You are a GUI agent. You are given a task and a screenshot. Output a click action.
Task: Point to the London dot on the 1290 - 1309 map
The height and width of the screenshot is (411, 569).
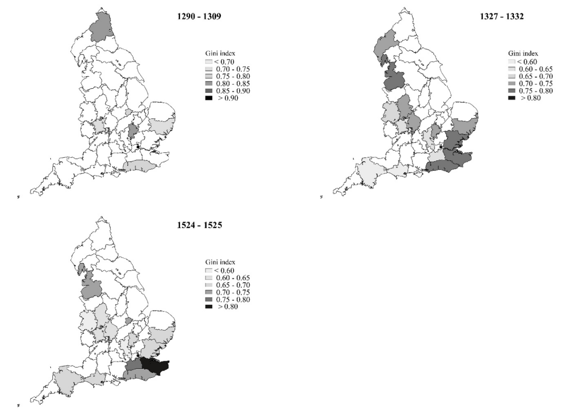pos(138,147)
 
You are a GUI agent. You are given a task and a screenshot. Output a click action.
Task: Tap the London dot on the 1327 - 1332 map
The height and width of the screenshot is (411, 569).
pos(441,152)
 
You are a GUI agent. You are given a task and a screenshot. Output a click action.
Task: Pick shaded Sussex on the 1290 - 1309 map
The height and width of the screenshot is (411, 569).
pos(141,166)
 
